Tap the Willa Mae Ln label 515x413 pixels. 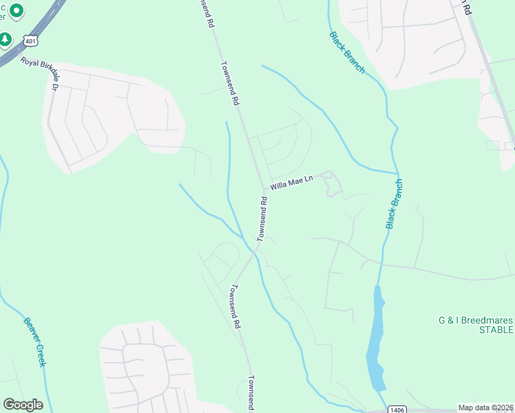pyautogui.click(x=291, y=183)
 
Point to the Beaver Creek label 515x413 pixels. pyautogui.click(x=34, y=341)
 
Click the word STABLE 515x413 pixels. pyautogui.click(x=496, y=330)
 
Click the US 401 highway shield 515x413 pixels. pyautogui.click(x=30, y=41)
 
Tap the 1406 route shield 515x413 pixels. pyautogui.click(x=397, y=410)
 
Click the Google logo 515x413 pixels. pyautogui.click(x=23, y=405)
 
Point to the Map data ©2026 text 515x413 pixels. pyautogui.click(x=485, y=407)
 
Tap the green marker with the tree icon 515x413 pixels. pyautogui.click(x=6, y=39)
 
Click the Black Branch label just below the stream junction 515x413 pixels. pyautogui.click(x=394, y=204)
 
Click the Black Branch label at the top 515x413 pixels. pyautogui.click(x=347, y=52)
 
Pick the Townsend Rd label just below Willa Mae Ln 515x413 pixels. pyautogui.click(x=262, y=219)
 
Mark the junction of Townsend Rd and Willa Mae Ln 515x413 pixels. pyautogui.click(x=263, y=190)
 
